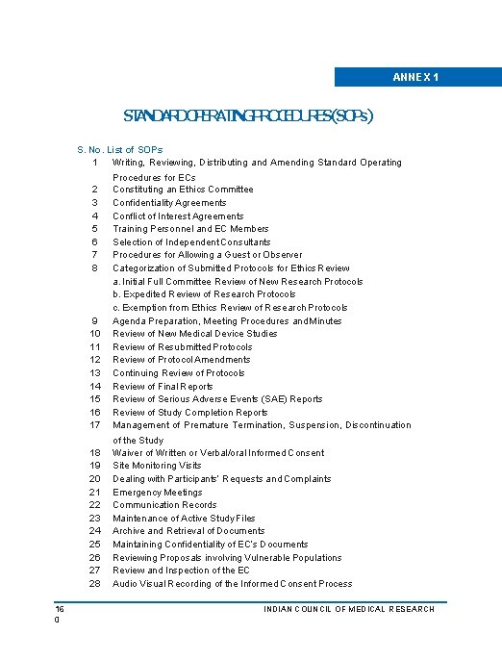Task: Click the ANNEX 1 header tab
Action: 417,77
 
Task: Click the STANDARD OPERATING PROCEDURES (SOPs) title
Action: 248,116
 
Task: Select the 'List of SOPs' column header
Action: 135,150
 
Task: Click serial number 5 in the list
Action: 94,229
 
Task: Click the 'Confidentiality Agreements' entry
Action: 169,203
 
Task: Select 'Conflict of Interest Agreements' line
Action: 178,216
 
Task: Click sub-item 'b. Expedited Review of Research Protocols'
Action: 204,294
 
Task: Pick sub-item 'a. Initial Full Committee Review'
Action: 238,282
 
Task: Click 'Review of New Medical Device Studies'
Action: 194,334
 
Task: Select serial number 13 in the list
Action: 94,373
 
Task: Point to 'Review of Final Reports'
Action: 163,386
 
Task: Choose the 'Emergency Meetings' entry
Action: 158,492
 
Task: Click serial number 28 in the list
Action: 94,584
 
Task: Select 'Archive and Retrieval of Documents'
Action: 188,531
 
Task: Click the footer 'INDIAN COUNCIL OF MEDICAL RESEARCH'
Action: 349,609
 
